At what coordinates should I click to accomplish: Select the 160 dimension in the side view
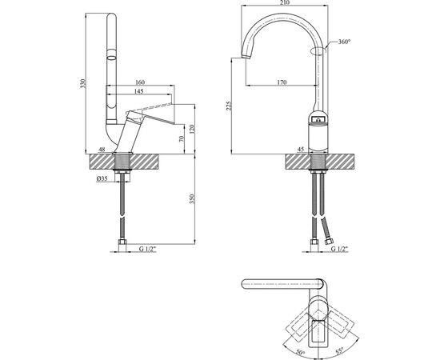(x=141, y=82)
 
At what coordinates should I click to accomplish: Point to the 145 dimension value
(x=141, y=93)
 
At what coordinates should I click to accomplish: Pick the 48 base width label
(x=102, y=149)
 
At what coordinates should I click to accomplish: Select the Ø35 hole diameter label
(x=102, y=178)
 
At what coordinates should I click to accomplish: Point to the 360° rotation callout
(x=344, y=42)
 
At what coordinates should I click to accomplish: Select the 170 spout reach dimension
(x=282, y=81)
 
